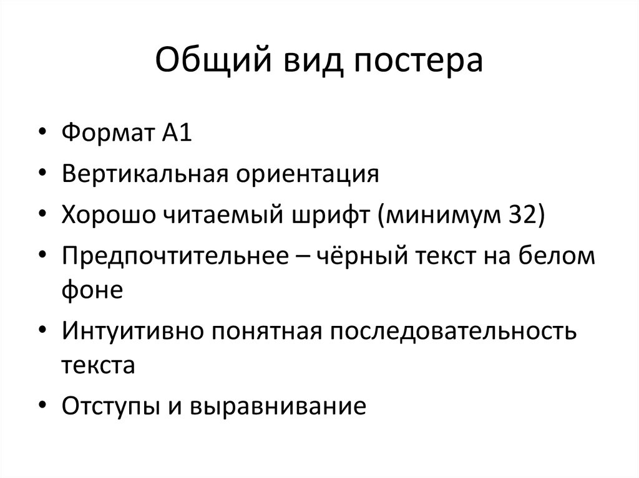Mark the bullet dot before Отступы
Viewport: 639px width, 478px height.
(42, 406)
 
